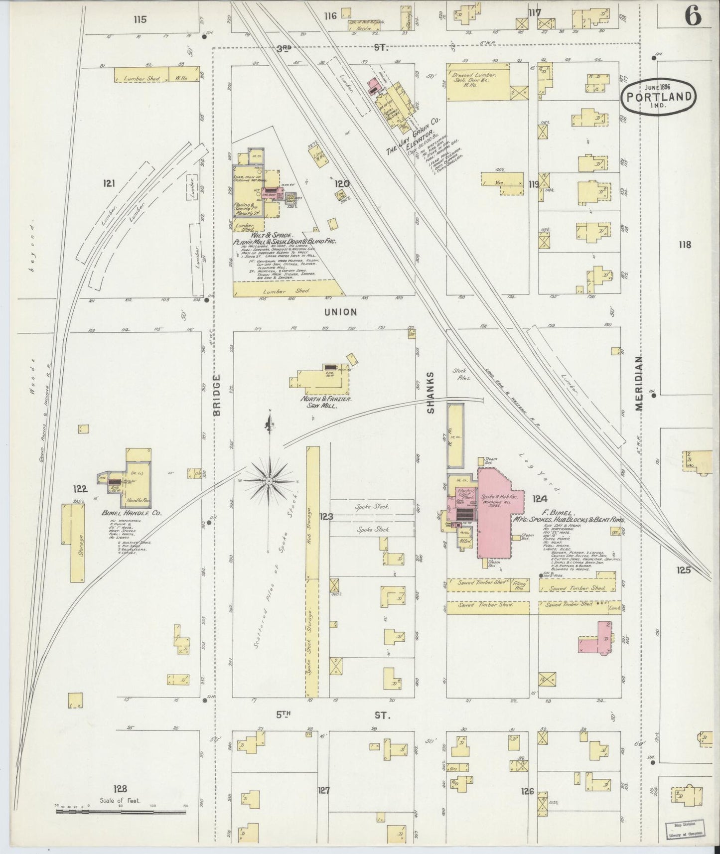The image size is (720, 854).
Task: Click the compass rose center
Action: click(x=269, y=481)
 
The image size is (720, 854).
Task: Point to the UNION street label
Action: click(x=340, y=312)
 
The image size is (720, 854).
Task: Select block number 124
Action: click(x=540, y=499)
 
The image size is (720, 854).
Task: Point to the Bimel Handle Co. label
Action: click(x=125, y=513)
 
